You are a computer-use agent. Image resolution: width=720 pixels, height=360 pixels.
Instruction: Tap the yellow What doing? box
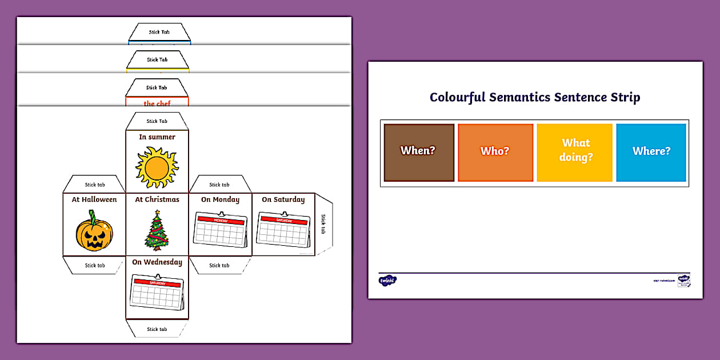(x=574, y=151)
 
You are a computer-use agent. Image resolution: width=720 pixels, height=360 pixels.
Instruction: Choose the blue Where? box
(x=651, y=152)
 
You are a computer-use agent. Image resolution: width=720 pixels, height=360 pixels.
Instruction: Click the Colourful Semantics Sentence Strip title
(x=535, y=97)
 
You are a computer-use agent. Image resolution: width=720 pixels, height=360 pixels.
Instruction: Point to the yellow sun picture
(x=157, y=167)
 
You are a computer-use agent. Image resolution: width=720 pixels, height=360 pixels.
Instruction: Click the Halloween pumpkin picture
(x=94, y=231)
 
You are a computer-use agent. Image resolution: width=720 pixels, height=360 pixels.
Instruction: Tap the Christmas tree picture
(x=157, y=231)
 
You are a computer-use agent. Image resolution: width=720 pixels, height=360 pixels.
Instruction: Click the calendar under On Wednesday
(x=157, y=292)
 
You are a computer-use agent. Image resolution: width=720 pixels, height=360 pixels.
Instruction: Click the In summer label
(x=157, y=137)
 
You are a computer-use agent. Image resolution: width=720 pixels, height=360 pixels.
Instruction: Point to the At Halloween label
(x=94, y=200)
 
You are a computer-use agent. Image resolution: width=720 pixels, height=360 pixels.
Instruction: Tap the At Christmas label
(x=157, y=200)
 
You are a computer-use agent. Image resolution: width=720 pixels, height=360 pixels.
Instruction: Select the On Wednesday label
(x=157, y=262)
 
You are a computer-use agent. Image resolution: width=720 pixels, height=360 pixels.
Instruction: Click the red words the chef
(x=157, y=104)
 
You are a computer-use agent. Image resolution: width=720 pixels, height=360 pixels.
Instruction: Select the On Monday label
(x=220, y=200)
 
